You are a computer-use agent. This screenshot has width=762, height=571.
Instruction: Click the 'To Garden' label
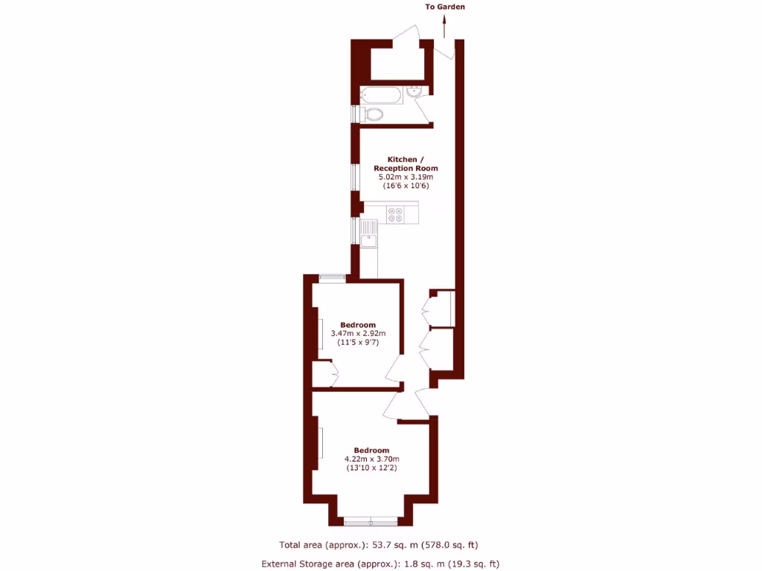tap(445, 7)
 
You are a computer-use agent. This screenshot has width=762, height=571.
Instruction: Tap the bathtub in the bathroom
tap(381, 95)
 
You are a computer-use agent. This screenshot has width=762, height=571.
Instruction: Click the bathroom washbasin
tap(415, 92)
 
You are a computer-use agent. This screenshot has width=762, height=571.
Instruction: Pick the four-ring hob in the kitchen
tap(394, 214)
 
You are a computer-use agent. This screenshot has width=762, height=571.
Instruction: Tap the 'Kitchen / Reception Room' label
tap(406, 164)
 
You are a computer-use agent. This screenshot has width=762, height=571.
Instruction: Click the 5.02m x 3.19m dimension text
tap(406, 177)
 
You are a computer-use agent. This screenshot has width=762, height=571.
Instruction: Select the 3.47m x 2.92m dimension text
tap(358, 334)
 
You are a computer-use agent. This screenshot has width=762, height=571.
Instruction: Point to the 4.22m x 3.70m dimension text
tap(372, 459)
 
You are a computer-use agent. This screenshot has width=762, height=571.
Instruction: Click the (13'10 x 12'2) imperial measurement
tap(372, 468)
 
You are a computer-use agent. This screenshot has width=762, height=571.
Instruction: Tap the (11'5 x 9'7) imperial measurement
tap(358, 343)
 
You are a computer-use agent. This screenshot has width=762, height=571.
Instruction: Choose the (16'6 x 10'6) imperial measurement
tap(406, 186)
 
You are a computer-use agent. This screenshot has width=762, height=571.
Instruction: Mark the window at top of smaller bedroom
tap(333, 279)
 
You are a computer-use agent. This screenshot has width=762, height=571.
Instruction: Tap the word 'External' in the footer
tap(282, 564)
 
